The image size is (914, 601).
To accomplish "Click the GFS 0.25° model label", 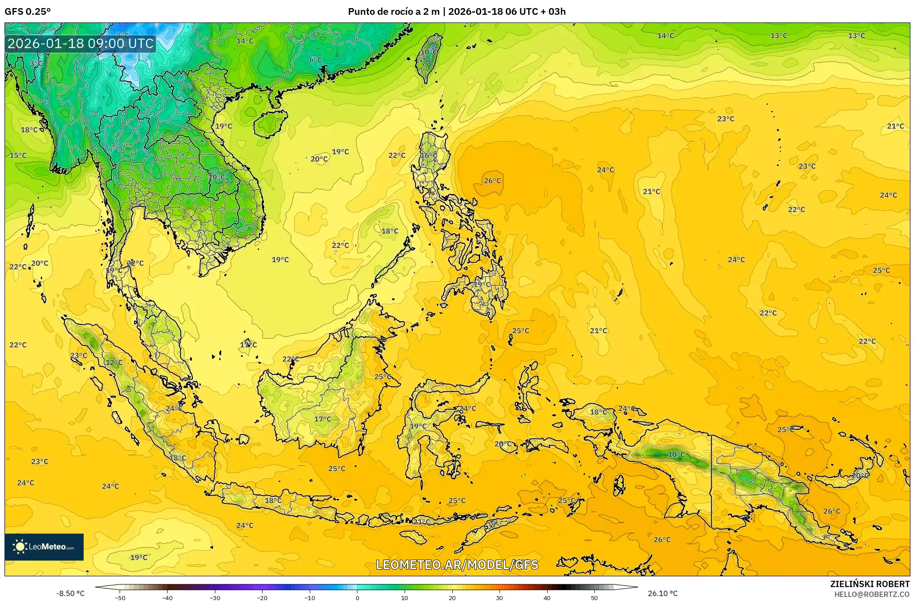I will [x=27, y=12].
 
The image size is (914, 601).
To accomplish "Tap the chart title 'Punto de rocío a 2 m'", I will [x=393, y=12].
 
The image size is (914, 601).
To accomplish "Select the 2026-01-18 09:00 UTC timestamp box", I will [x=80, y=44].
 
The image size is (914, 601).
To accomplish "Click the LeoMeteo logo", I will [x=44, y=547].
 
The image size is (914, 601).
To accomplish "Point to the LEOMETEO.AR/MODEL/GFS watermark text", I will [x=457, y=565].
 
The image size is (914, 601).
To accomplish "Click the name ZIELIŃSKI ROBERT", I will [x=869, y=584].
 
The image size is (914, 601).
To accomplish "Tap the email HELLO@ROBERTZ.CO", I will [x=872, y=594].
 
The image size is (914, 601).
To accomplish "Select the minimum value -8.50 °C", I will [x=70, y=593].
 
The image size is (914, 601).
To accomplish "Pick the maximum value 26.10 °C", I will [x=662, y=593].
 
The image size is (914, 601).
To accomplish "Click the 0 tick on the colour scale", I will [x=357, y=597].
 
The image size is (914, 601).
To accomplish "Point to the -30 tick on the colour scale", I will [x=215, y=597].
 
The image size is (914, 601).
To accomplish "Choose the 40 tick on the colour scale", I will [x=547, y=597].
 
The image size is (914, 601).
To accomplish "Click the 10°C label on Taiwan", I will [x=428, y=52].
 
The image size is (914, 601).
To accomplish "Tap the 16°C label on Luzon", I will [x=428, y=155].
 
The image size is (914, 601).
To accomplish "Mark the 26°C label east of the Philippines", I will [x=492, y=181].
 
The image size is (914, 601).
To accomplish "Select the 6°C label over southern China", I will [x=315, y=59].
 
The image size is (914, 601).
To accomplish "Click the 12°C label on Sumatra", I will [x=114, y=362].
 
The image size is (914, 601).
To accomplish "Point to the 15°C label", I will [x=18, y=155].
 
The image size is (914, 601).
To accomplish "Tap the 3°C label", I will [x=36, y=63].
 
